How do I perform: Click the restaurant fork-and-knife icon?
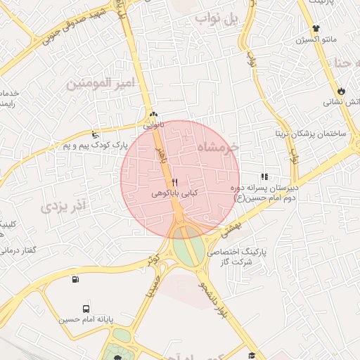coord(174,182)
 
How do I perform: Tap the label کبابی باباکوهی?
coord(175,192)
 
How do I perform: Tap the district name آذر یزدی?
coord(63,206)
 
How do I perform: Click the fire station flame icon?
coord(341,91)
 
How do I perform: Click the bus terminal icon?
coord(86,308)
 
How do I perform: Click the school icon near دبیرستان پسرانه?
coord(264,177)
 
